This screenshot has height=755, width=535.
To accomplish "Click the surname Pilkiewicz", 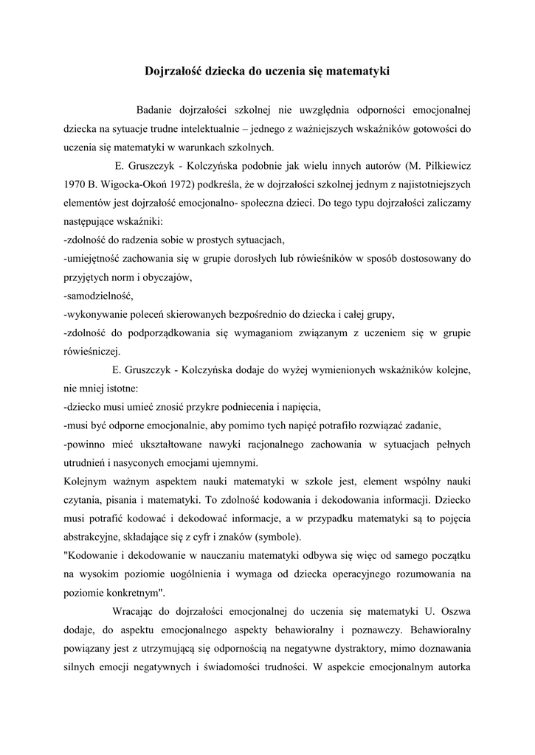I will coord(441,165).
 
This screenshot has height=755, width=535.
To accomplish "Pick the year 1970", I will coord(77,184).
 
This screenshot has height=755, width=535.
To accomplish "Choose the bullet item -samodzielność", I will coord(98,295).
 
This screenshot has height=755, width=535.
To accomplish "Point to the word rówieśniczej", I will coord(92,351).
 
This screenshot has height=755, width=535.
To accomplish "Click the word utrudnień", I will coord(89,463).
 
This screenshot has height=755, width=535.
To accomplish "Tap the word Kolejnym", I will coord(87,481).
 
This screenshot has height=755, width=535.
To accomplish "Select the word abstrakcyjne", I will coord(97,537).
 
